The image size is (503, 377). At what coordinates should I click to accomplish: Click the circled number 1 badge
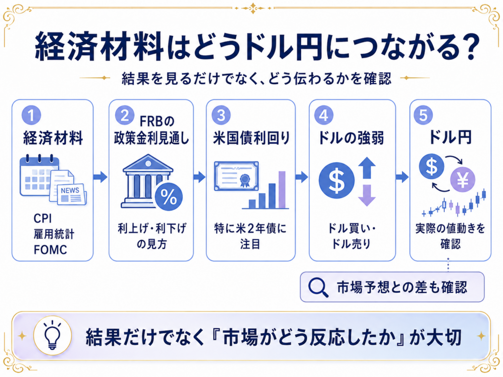[31, 115]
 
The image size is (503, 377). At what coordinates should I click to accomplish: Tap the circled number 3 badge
[221, 115]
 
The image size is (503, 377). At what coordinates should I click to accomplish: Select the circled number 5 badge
[423, 115]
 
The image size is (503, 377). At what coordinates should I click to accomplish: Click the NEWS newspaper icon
[72, 194]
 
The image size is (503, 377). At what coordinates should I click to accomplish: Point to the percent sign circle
[168, 197]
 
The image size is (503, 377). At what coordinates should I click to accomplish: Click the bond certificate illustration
[237, 176]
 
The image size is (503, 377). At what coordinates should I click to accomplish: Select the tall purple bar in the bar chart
[282, 190]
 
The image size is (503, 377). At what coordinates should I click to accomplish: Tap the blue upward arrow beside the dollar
[366, 168]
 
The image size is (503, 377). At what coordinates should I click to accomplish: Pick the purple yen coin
[463, 180]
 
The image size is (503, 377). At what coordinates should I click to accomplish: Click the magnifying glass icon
[318, 287]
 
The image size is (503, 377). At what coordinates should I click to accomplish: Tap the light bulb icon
[53, 336]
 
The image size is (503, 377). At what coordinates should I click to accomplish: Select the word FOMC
[51, 250]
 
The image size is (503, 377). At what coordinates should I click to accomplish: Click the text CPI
[43, 218]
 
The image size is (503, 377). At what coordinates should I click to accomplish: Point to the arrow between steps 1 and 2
[100, 177]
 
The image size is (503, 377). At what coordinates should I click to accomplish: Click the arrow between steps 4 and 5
[402, 177]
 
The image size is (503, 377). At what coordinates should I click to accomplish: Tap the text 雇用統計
[54, 234]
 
